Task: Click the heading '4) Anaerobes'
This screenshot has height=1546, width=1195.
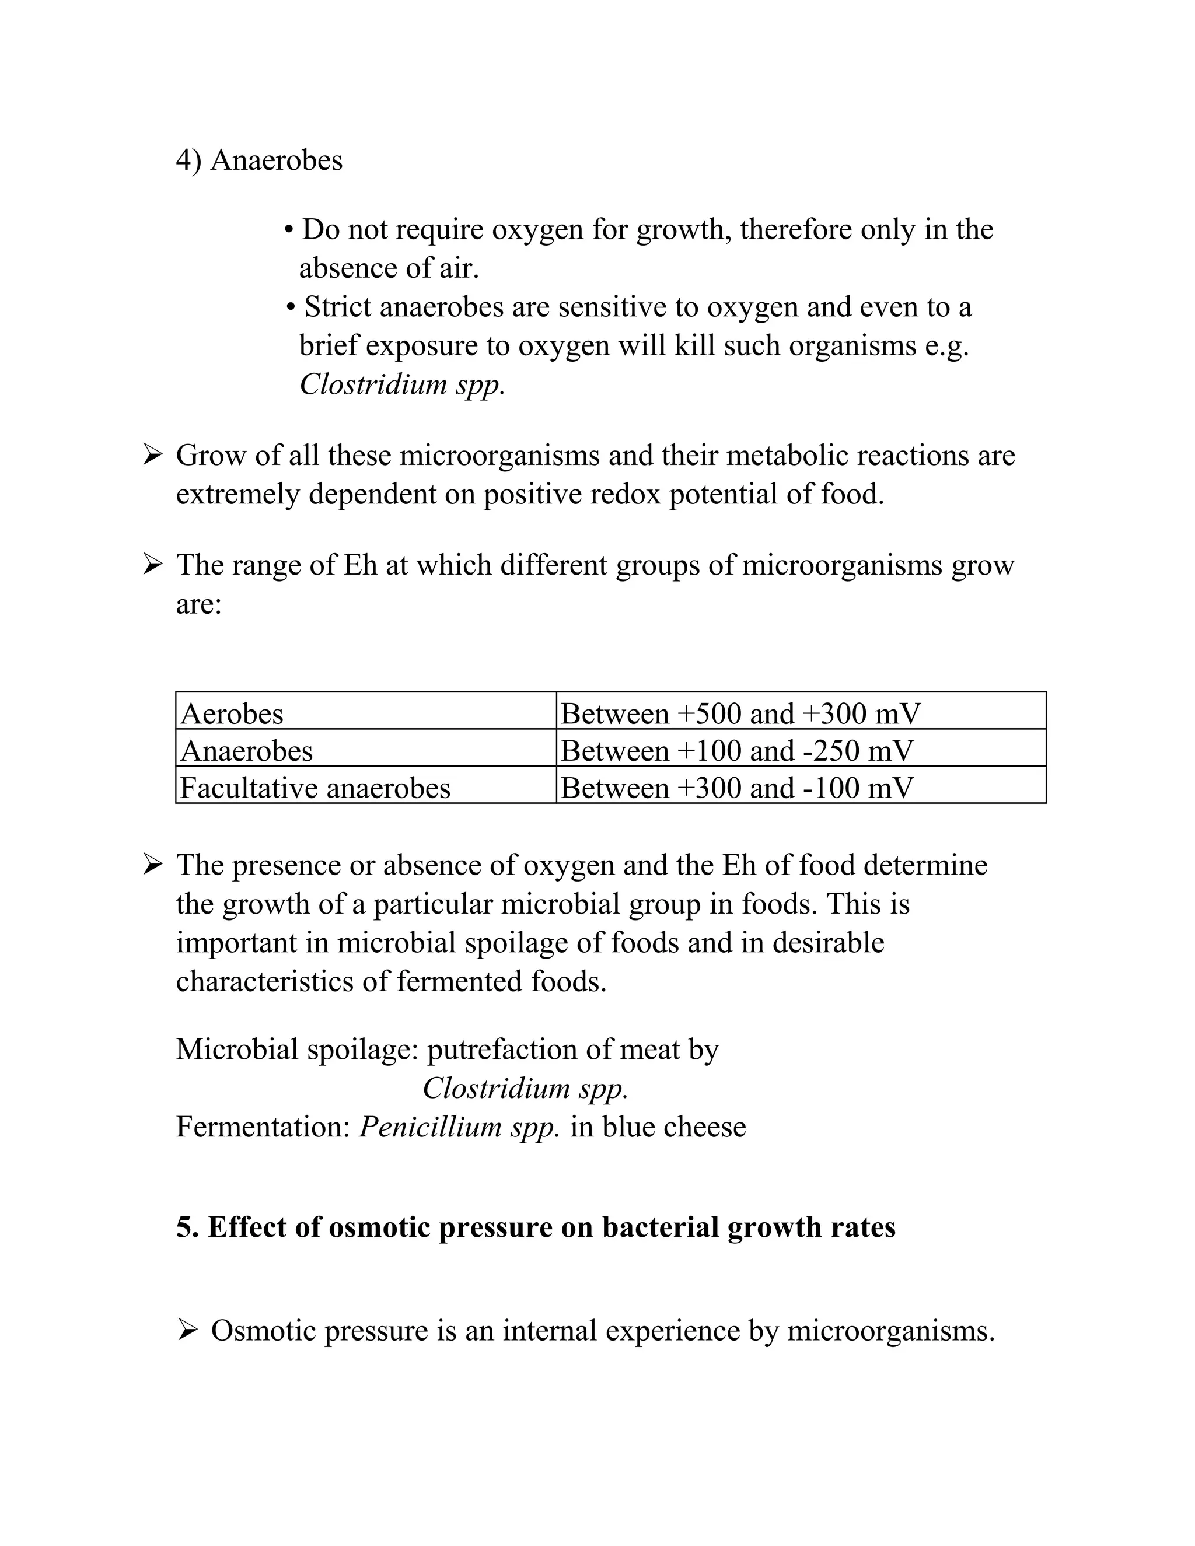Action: click(x=259, y=160)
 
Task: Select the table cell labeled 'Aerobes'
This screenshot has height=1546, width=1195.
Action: click(x=232, y=713)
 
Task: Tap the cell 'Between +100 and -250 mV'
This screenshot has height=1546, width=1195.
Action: click(x=736, y=750)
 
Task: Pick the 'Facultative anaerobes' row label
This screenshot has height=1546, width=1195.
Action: click(x=315, y=788)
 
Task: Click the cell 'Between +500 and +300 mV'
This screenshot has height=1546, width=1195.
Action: click(x=740, y=713)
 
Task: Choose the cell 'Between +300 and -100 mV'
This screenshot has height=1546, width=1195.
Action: click(x=736, y=788)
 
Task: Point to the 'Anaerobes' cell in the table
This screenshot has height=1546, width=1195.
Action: click(x=246, y=750)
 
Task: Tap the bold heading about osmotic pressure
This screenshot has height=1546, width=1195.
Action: click(x=535, y=1227)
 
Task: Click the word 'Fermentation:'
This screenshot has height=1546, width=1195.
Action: click(x=263, y=1126)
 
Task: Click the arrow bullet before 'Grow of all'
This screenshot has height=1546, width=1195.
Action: click(x=152, y=454)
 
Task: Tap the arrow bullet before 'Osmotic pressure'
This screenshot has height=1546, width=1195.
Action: click(x=188, y=1331)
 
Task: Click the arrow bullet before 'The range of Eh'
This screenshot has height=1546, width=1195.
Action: click(x=152, y=565)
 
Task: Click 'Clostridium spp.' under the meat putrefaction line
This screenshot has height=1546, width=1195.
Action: click(x=525, y=1088)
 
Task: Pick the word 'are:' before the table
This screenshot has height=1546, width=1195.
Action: click(x=198, y=604)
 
